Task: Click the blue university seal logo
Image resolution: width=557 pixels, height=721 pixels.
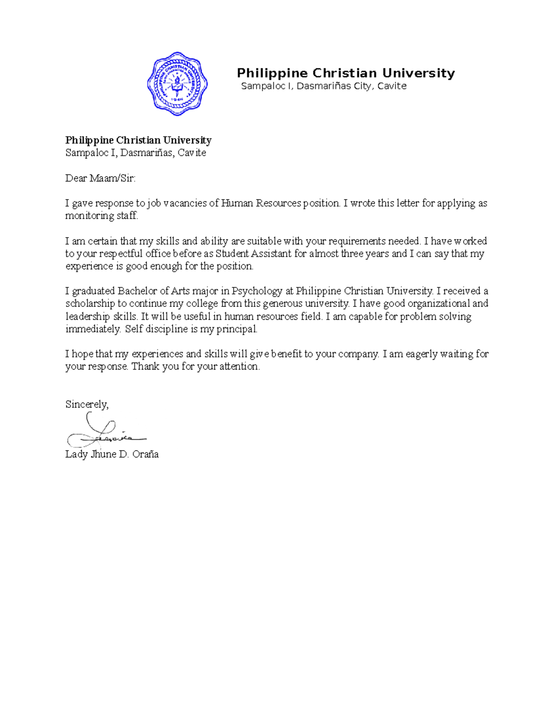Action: (177, 84)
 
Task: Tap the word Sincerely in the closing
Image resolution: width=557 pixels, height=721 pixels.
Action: (86, 404)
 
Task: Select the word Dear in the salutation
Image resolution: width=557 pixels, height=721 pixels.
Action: (76, 178)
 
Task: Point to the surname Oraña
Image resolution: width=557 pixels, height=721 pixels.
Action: (145, 454)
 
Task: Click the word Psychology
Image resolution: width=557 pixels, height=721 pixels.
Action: (257, 291)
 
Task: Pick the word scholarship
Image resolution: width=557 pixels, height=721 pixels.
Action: (90, 304)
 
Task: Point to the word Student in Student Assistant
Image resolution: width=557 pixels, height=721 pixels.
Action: (232, 253)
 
